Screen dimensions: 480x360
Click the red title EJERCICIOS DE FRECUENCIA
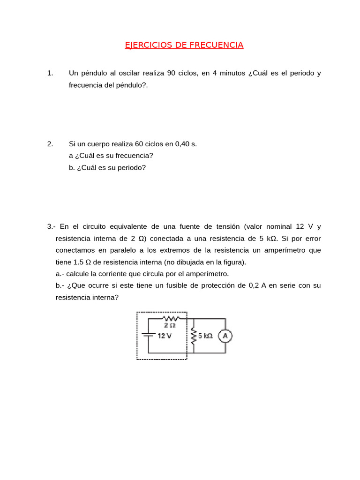(x=184, y=45)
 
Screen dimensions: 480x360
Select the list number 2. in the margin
(x=50, y=144)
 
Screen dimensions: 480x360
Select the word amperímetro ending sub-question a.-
(x=208, y=274)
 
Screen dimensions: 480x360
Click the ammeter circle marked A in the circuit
(x=225, y=336)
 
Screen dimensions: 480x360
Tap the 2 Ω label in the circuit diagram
(x=169, y=325)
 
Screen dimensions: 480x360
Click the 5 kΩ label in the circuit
(x=205, y=336)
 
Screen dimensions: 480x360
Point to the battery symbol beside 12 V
(x=149, y=335)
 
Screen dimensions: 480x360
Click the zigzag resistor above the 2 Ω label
(x=169, y=319)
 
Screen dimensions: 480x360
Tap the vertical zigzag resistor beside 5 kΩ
(x=193, y=336)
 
